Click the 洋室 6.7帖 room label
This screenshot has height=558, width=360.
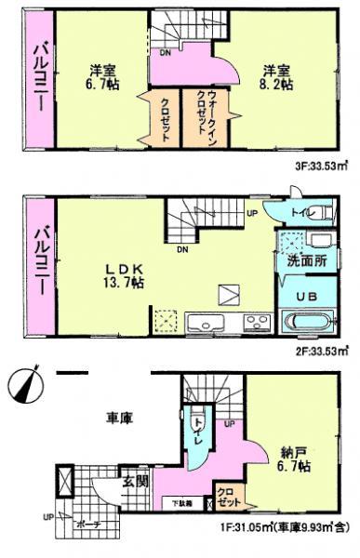tap(103, 77)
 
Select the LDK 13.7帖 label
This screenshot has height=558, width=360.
tap(124, 272)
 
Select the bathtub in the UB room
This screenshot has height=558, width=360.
tap(303, 325)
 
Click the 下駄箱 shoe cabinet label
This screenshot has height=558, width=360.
tap(181, 503)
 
